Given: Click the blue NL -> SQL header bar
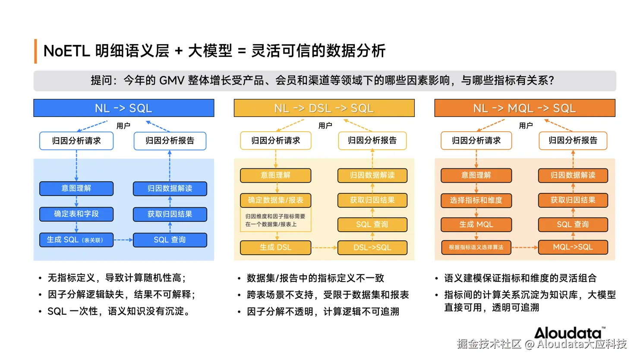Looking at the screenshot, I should tap(123, 108).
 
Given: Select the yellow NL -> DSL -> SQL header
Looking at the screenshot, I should tap(324, 108).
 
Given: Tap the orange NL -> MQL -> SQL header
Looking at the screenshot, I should tap(524, 108).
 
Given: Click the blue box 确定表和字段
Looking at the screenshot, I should tap(76, 214).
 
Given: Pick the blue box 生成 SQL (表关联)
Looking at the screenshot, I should tap(76, 240).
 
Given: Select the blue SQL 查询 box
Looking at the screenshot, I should tap(170, 240).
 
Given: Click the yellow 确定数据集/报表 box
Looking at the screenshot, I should tap(275, 200).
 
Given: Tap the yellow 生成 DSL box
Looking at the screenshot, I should tap(275, 247).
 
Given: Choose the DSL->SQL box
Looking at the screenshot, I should tap(372, 247).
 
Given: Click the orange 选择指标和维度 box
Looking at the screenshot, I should tap(476, 200).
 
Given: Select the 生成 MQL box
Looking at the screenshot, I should tap(476, 224).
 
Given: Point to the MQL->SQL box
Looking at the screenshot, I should tap(573, 247).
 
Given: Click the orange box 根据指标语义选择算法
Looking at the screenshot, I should tap(476, 247).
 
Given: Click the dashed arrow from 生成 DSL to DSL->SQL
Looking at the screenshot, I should tap(324, 248).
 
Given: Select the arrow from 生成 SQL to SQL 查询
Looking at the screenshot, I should tap(123, 240).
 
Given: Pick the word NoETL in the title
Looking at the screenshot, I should tap(66, 51).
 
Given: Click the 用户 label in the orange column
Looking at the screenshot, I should tap(526, 126).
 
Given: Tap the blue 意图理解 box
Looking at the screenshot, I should tap(76, 188).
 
